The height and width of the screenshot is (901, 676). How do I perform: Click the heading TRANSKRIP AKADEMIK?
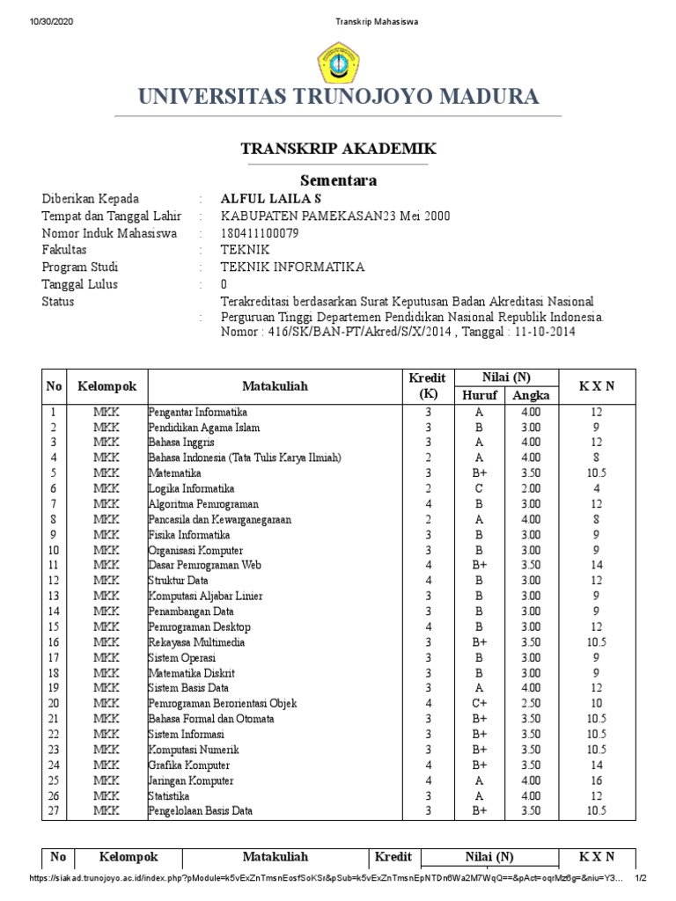[338, 148]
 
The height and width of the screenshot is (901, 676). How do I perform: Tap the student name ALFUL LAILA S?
[271, 199]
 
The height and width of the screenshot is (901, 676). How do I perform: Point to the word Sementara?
[338, 180]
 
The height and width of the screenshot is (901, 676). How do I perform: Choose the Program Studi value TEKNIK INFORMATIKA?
[292, 267]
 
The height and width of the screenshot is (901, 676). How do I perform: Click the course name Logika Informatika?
[192, 488]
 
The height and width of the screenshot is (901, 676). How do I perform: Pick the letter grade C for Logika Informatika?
[480, 488]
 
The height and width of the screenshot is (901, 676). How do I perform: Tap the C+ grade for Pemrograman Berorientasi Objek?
[480, 703]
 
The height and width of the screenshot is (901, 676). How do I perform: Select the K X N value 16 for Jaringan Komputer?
[598, 780]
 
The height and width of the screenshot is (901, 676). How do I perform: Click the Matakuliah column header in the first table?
[276, 386]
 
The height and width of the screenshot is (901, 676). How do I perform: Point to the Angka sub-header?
[531, 395]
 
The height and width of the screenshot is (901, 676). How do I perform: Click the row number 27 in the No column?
[53, 811]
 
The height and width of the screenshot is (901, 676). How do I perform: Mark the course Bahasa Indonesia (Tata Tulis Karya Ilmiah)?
[245, 458]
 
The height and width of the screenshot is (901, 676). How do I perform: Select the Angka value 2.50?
[531, 703]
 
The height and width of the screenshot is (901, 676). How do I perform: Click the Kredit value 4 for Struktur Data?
[428, 581]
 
